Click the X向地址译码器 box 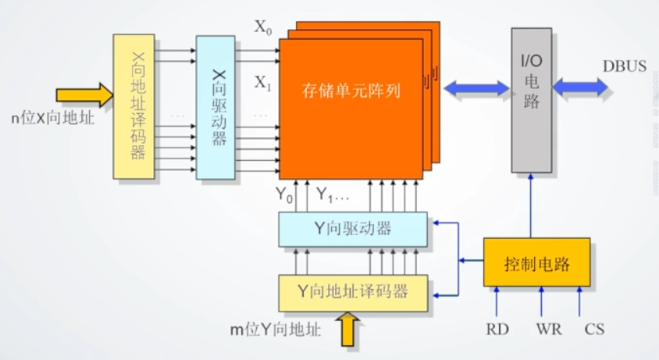pos(134,106)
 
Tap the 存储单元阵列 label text pos(351,91)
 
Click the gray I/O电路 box pos(532,100)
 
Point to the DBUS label pos(624,66)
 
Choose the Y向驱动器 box pos(353,229)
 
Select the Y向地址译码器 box pos(353,292)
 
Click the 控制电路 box pos(537,264)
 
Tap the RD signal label pos(497,330)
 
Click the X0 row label pos(264,27)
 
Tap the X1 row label pos(262,82)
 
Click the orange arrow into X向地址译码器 pos(84,95)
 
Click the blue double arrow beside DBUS pos(579,86)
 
